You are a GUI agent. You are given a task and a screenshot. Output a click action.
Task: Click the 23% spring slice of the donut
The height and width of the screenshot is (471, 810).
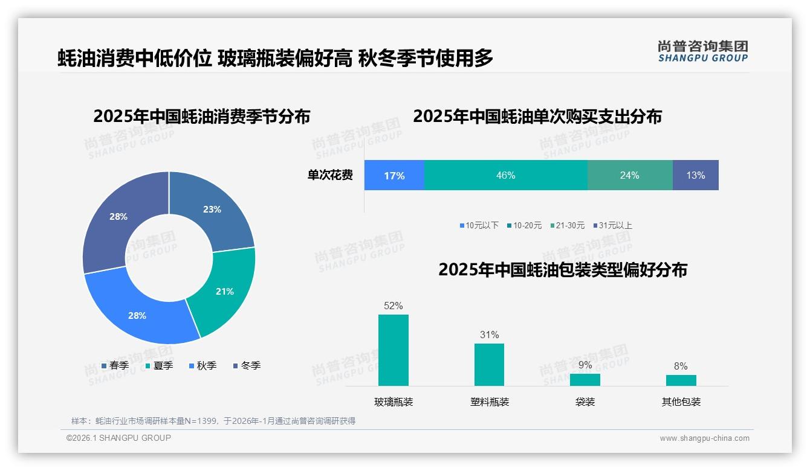212,210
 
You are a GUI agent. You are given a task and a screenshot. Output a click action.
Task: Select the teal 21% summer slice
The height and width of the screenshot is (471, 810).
224,291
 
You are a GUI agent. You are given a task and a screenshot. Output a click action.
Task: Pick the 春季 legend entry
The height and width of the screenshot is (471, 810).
115,365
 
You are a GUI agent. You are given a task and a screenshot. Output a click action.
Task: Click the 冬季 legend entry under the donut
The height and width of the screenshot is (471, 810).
246,365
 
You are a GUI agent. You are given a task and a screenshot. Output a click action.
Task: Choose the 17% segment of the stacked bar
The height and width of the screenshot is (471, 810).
394,176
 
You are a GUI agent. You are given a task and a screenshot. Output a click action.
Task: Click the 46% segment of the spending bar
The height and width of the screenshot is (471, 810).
505,176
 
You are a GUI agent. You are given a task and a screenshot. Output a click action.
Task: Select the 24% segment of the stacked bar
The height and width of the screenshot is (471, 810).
629,176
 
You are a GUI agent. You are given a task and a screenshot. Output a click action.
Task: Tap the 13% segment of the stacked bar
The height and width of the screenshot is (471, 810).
695,176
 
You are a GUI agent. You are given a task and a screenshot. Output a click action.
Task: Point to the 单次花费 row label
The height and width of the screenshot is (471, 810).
330,176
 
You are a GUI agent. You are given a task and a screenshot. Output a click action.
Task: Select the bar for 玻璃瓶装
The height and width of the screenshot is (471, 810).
394,350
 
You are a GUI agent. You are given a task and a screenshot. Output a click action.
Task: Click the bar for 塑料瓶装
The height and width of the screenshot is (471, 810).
489,365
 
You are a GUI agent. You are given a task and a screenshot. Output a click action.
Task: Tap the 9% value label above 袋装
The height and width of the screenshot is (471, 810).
585,365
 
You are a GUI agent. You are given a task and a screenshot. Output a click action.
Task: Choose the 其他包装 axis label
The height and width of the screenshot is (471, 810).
681,402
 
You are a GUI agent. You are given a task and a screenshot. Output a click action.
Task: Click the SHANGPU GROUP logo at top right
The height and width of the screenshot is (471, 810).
703,51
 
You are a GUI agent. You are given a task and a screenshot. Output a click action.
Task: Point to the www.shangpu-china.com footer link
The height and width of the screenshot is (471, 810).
704,438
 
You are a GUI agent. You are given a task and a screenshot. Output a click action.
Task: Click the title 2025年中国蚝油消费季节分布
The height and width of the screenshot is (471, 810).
202,116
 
